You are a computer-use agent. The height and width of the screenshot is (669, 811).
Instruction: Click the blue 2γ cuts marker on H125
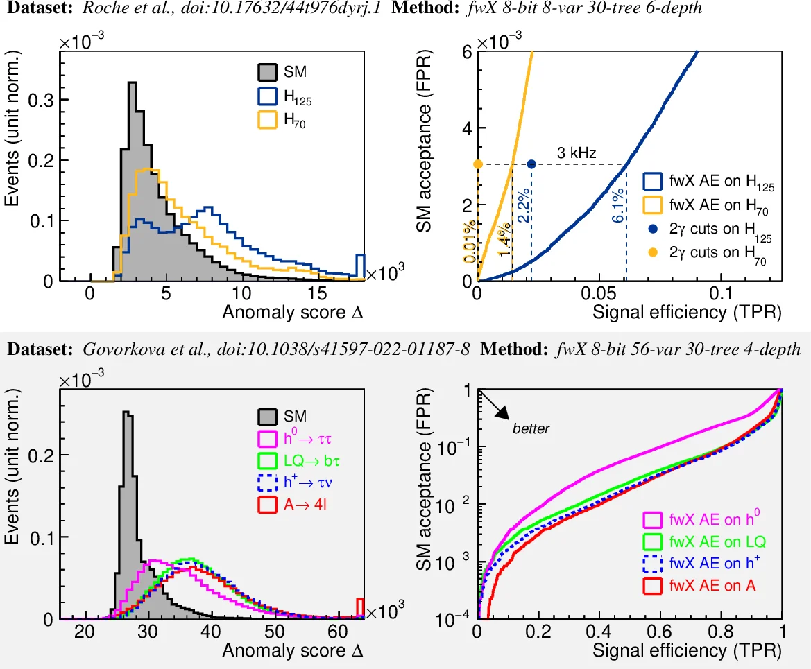pyautogui.click(x=531, y=164)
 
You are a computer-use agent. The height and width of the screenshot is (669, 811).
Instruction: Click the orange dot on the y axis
pyautogui.click(x=477, y=164)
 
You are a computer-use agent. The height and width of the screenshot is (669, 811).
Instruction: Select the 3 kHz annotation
pyautogui.click(x=577, y=152)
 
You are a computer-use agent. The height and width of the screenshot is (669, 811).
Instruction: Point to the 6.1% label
pyautogui.click(x=617, y=209)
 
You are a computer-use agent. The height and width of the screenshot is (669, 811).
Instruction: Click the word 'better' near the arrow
pyautogui.click(x=531, y=429)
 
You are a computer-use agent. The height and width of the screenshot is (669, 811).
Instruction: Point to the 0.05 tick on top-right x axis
pyautogui.click(x=598, y=293)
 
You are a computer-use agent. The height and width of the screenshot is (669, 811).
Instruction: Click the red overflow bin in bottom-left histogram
pyautogui.click(x=360, y=608)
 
